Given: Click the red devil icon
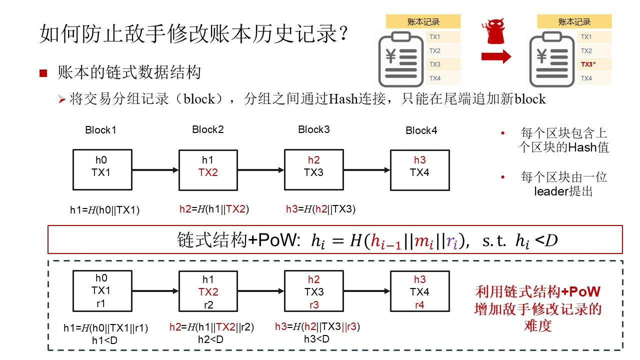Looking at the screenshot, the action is [495, 31].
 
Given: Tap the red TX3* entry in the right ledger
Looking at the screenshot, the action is [588, 64].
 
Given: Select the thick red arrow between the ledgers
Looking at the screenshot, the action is [496, 56].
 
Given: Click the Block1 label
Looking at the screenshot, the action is [100, 130].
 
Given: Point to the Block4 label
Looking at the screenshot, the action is [421, 130].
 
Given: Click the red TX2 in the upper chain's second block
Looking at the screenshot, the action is [208, 172].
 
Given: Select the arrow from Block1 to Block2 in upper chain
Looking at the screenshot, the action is [155, 170].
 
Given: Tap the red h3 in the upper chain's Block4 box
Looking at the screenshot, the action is [419, 160].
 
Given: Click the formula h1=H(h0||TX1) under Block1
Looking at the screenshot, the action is [104, 210].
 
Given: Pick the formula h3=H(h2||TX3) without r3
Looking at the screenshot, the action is [320, 209].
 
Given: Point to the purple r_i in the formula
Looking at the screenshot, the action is [451, 241].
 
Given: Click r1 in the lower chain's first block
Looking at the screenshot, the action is [100, 303].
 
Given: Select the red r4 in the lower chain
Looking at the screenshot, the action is [419, 305].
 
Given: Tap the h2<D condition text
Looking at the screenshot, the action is [210, 339].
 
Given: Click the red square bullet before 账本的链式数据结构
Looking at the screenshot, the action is [43, 73].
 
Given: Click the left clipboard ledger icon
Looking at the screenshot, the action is [401, 59].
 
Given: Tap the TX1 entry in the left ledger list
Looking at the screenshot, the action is [434, 37].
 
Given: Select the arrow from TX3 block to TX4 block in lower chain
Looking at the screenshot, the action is [367, 291].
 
